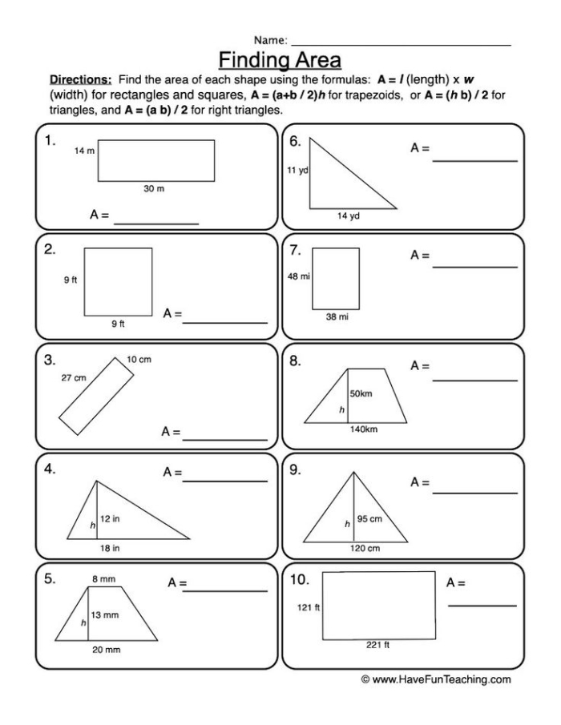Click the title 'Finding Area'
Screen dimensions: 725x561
[280, 60]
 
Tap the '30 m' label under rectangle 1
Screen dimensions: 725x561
[154, 188]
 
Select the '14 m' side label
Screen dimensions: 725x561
[84, 151]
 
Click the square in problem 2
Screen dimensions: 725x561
[118, 281]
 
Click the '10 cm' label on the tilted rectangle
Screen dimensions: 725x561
[139, 360]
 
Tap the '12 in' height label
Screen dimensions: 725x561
[110, 519]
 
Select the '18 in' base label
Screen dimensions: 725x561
[110, 548]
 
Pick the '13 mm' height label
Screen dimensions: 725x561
[104, 616]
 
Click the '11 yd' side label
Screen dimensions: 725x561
[297, 171]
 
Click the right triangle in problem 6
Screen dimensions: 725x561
[337, 180]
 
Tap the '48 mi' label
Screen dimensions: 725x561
[297, 276]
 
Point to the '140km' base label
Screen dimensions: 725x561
[363, 429]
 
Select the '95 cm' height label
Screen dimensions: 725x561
[369, 519]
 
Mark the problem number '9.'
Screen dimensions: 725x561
[296, 470]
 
